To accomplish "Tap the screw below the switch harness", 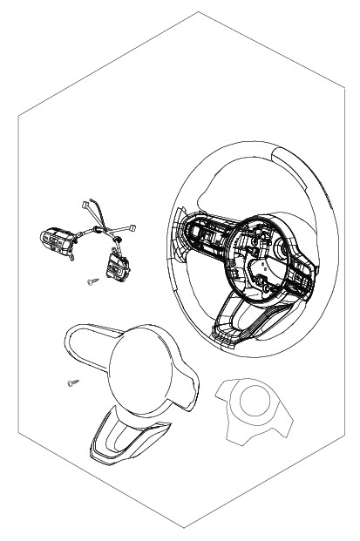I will [92, 281].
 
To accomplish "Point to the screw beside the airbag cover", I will [72, 382].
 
